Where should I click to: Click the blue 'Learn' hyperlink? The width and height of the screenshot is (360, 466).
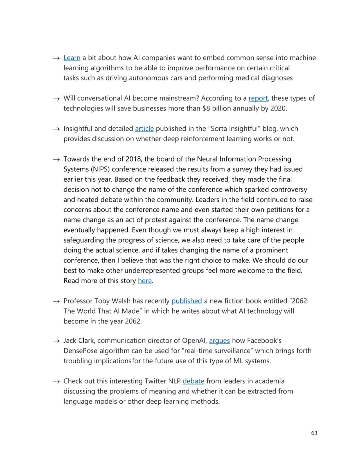pos(72,58)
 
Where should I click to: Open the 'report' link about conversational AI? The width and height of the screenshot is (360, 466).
pos(258,98)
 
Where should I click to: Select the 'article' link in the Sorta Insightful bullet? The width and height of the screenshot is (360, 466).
pos(144,128)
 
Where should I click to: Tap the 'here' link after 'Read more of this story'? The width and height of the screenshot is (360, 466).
pos(145,281)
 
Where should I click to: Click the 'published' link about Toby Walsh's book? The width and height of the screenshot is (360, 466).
pos(186,301)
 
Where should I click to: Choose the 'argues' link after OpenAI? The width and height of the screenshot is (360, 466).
pos(219,341)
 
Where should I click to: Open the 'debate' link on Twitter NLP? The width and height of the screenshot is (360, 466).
pos(193,381)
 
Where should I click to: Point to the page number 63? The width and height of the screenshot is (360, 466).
pos(314,433)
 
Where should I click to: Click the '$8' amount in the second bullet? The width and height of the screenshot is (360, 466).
pos(206,108)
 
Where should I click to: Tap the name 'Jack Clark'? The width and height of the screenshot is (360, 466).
pos(79,341)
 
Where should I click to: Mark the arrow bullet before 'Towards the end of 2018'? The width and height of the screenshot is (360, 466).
pos(56,159)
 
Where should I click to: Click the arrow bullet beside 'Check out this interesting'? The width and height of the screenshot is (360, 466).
pos(56,381)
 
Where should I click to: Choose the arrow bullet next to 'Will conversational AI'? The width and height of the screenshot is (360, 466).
pos(56,98)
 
